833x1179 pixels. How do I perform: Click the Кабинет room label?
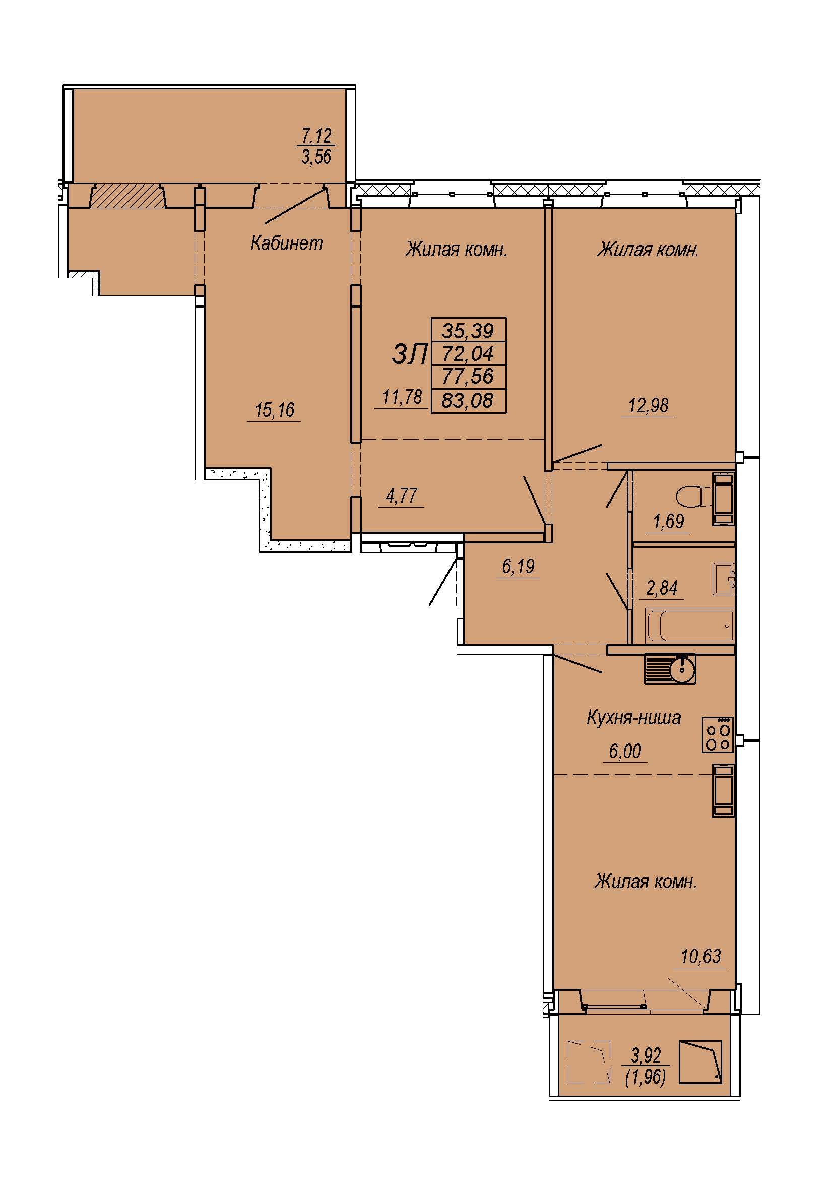(x=286, y=243)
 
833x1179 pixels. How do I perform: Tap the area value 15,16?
(x=275, y=410)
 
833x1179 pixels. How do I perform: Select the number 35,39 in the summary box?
(x=468, y=331)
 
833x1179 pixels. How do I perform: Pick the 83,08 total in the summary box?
(x=468, y=400)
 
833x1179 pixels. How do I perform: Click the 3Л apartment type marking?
(x=409, y=354)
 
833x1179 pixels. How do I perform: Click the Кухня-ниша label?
(x=633, y=717)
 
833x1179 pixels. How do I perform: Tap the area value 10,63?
(x=700, y=956)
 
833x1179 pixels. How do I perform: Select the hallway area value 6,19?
(x=519, y=567)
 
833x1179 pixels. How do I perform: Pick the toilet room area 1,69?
(x=668, y=521)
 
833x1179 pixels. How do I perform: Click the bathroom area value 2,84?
(x=662, y=587)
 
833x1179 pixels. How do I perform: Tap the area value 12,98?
(x=648, y=405)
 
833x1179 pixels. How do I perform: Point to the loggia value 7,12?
(x=316, y=136)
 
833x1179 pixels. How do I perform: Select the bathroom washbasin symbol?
(x=723, y=579)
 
